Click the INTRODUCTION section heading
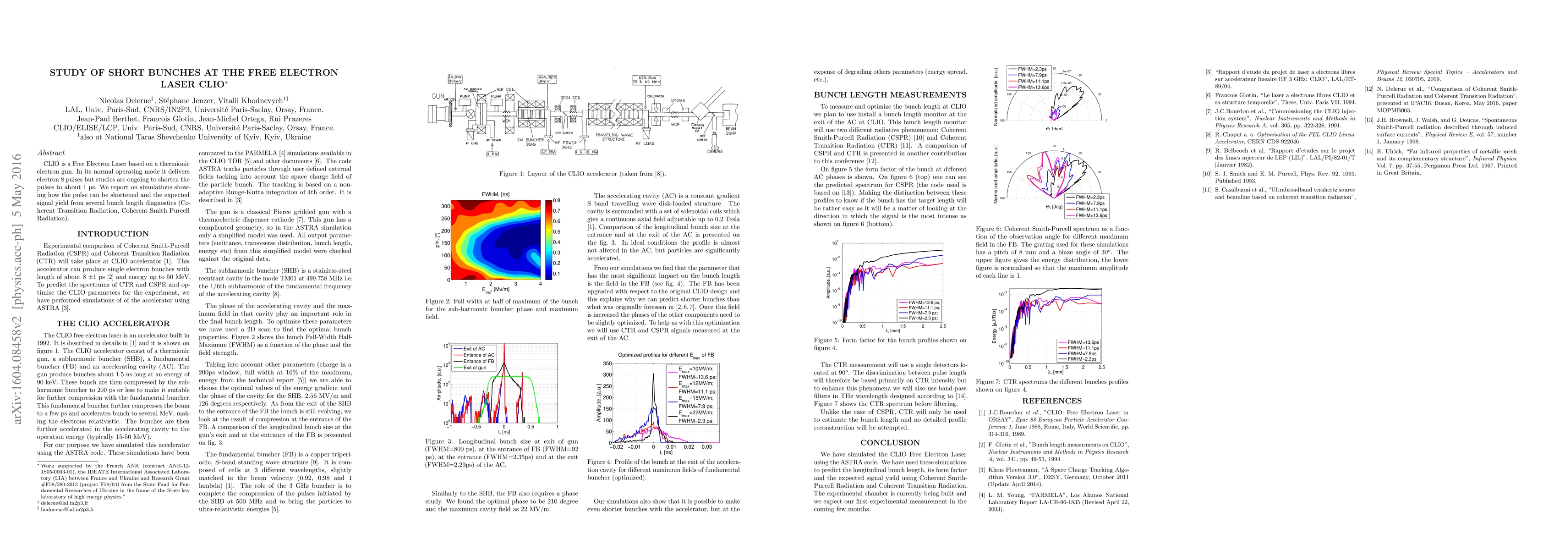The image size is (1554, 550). pos(113,234)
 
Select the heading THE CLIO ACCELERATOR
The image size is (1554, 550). pos(113,324)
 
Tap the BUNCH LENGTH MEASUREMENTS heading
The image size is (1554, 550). pos(890,95)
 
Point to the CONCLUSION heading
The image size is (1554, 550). pos(890,443)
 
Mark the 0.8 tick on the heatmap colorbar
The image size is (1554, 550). pos(556,200)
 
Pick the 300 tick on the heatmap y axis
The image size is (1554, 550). pos(445,206)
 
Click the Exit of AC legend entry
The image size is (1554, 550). pos(474,349)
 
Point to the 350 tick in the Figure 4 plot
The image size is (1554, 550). pos(607,363)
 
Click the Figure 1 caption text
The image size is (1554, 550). pos(582,174)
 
